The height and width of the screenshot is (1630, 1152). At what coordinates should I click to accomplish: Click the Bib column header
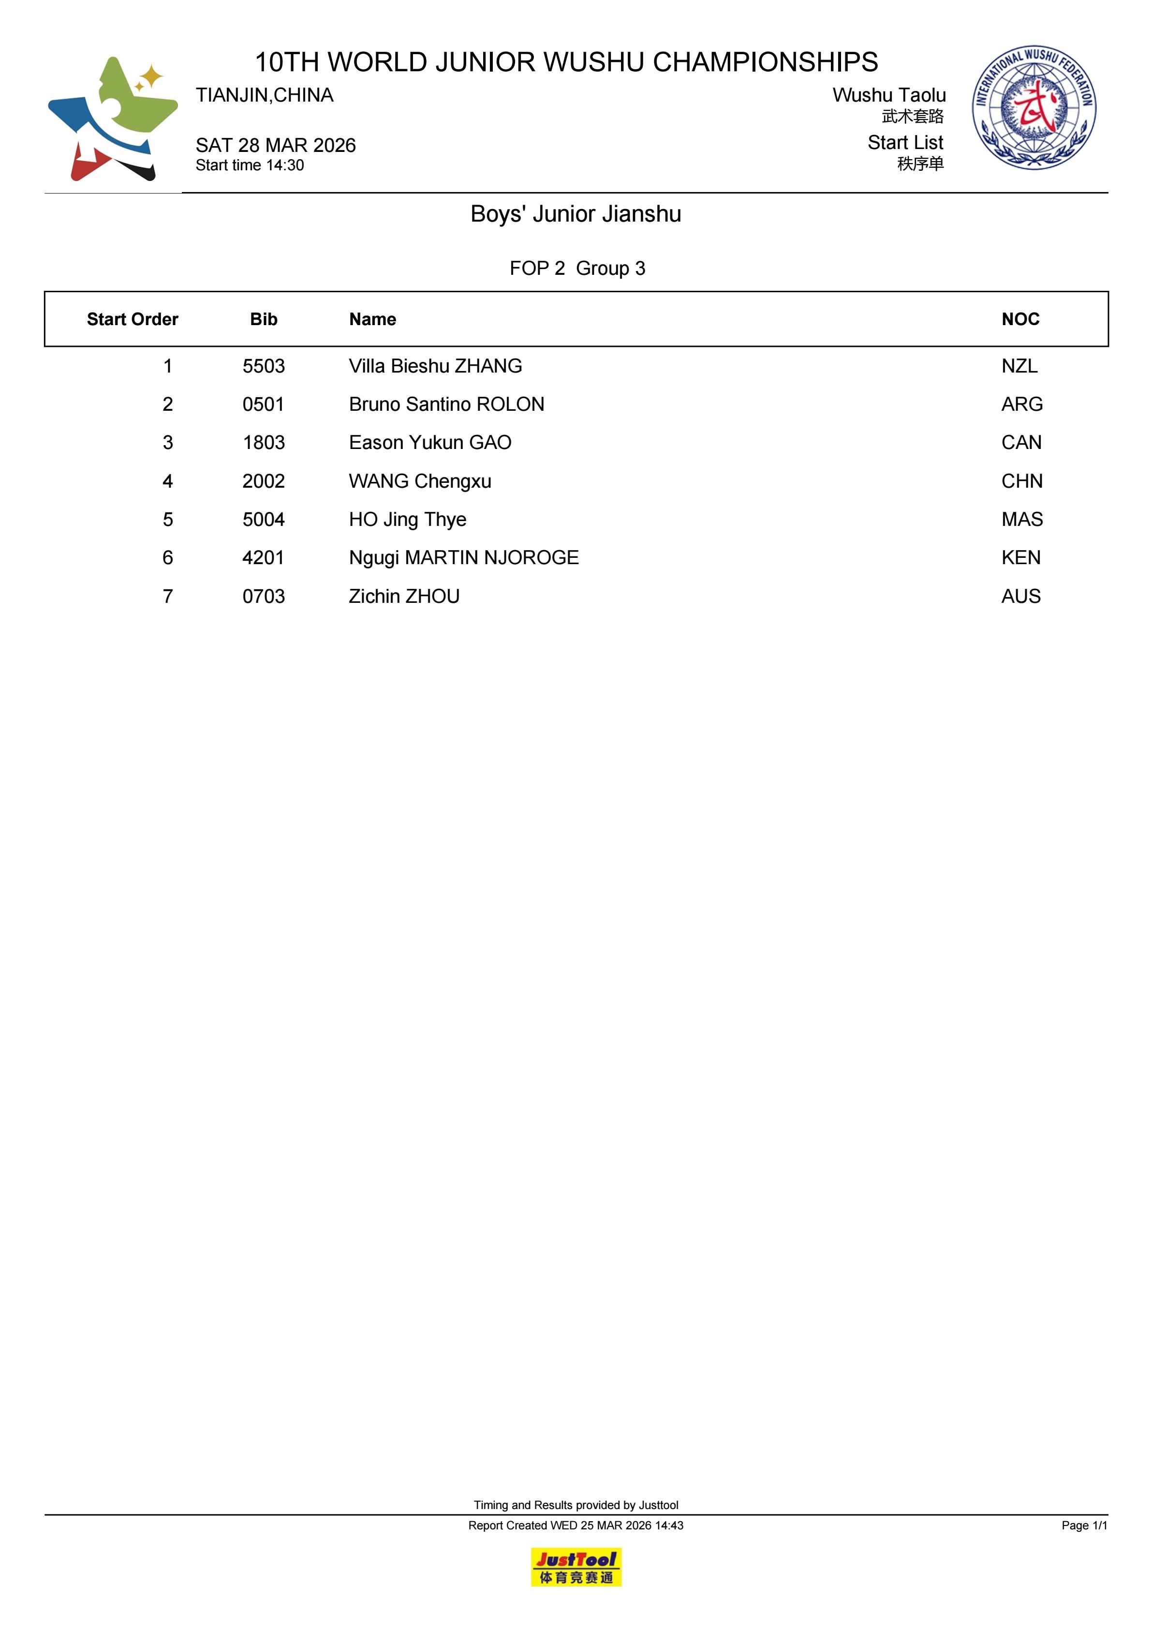click(x=263, y=319)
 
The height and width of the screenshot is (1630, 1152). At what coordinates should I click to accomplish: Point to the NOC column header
click(x=1020, y=319)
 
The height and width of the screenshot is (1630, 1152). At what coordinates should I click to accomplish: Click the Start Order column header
click(x=132, y=319)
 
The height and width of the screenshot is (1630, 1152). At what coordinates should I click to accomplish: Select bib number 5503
click(x=263, y=366)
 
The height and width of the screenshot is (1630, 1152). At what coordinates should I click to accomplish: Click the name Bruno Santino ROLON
click(x=446, y=404)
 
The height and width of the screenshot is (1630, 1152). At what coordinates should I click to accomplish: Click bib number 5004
click(x=263, y=520)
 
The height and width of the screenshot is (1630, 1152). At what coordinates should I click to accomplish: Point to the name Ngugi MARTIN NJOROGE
click(x=463, y=558)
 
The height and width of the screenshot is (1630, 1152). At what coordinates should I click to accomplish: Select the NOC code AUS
click(x=1020, y=597)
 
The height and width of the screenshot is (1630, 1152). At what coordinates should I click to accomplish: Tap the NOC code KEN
click(x=1020, y=558)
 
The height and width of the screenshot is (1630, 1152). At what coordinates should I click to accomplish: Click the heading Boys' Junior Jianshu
click(x=576, y=214)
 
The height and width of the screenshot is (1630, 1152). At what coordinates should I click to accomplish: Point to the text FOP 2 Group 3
click(x=577, y=269)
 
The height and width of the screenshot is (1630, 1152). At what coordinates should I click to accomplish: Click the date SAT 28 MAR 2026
click(x=275, y=146)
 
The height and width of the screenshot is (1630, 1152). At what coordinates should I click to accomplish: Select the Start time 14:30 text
click(x=250, y=165)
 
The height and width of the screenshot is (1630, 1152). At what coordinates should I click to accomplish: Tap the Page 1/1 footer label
click(x=1084, y=1525)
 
